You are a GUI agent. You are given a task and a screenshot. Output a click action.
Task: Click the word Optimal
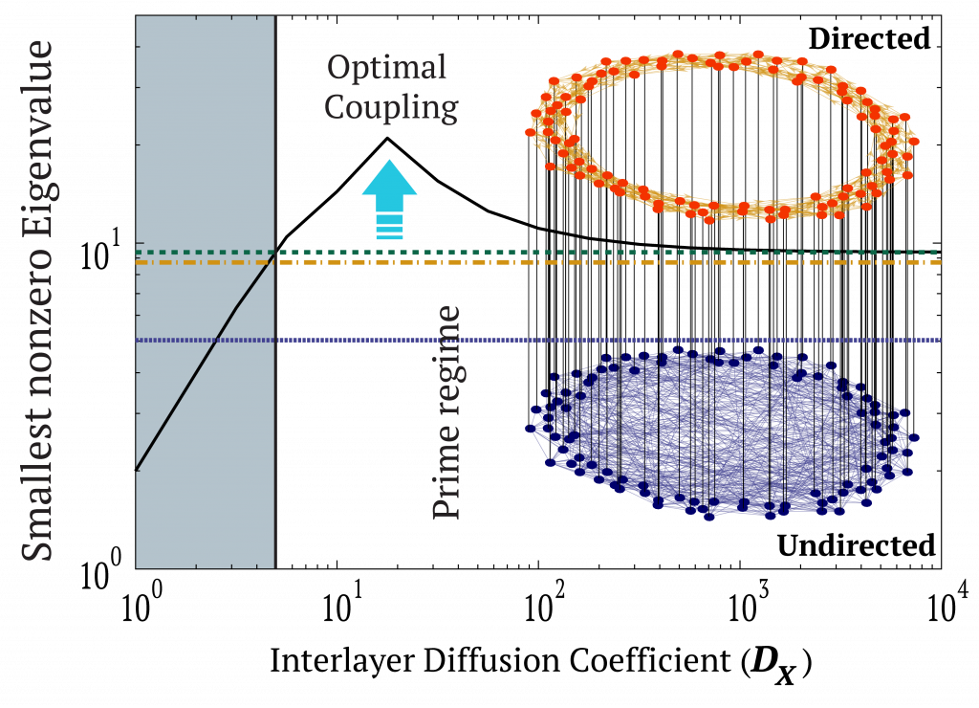[x=386, y=68]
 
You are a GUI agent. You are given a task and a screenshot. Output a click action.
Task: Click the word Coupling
[x=390, y=106]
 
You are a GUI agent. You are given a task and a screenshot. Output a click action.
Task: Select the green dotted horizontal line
[x=612, y=253]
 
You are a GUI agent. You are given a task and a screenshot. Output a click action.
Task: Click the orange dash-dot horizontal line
[x=612, y=262]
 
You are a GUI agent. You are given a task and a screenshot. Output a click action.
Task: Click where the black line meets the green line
[x=274, y=253]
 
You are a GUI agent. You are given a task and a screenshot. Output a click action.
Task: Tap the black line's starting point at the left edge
[x=137, y=470]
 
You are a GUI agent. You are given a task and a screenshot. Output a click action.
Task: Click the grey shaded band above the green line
[x=206, y=124]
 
